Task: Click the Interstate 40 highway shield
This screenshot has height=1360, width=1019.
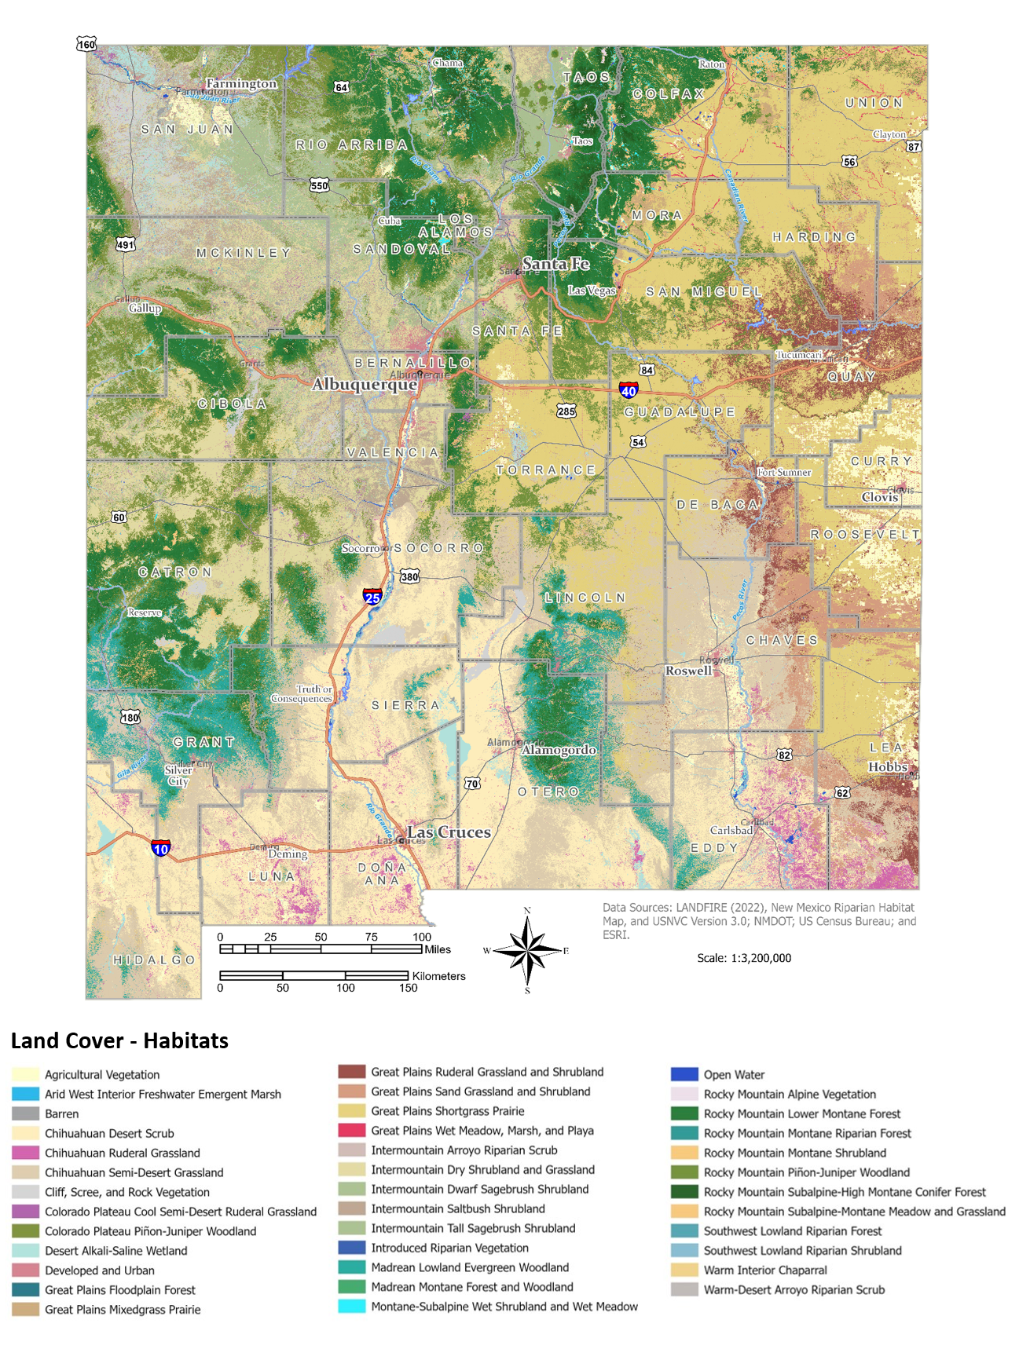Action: pos(629,389)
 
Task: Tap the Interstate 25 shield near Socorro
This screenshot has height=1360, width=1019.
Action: pos(372,597)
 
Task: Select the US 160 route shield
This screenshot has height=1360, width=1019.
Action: pos(86,44)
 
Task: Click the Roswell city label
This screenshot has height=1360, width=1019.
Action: pos(688,671)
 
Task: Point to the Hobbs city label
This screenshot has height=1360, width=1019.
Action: pos(888,766)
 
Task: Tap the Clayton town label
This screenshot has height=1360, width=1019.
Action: pos(889,134)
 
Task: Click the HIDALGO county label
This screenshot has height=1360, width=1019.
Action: pos(154,960)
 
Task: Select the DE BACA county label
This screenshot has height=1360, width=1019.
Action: pos(718,505)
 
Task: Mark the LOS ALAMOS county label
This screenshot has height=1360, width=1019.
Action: pos(456,225)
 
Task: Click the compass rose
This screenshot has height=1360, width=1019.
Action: pos(527,950)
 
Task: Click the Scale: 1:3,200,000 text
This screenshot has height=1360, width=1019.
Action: pos(744,958)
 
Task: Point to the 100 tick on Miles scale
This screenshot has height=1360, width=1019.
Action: pos(422,937)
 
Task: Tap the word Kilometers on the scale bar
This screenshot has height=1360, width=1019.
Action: pos(438,976)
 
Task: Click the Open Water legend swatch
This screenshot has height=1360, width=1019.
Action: pos(684,1074)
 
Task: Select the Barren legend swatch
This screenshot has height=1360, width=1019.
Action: pos(26,1113)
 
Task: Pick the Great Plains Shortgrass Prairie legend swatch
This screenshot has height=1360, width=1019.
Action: pos(352,1111)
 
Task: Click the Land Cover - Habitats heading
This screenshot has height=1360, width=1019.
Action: pos(119,1041)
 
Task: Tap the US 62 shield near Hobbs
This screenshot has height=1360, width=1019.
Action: pos(841,793)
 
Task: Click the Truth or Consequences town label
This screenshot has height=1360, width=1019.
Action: pos(302,694)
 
